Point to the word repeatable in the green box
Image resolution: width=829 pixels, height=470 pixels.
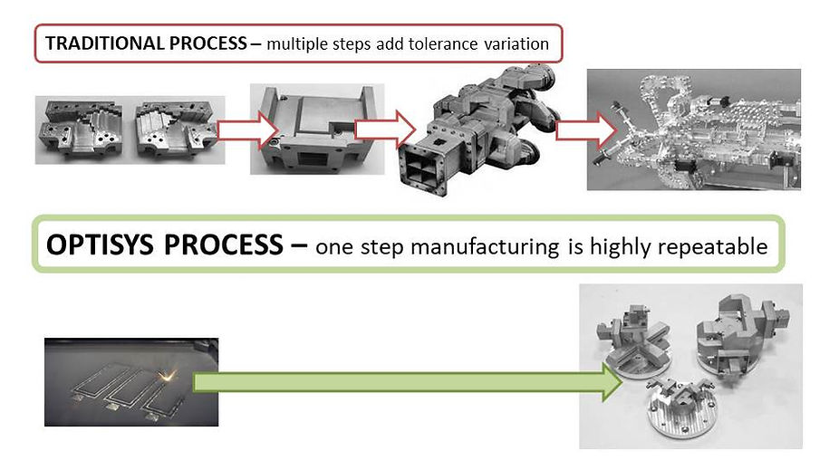pos(720,246)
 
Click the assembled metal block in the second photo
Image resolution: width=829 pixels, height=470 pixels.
pos(315,129)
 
